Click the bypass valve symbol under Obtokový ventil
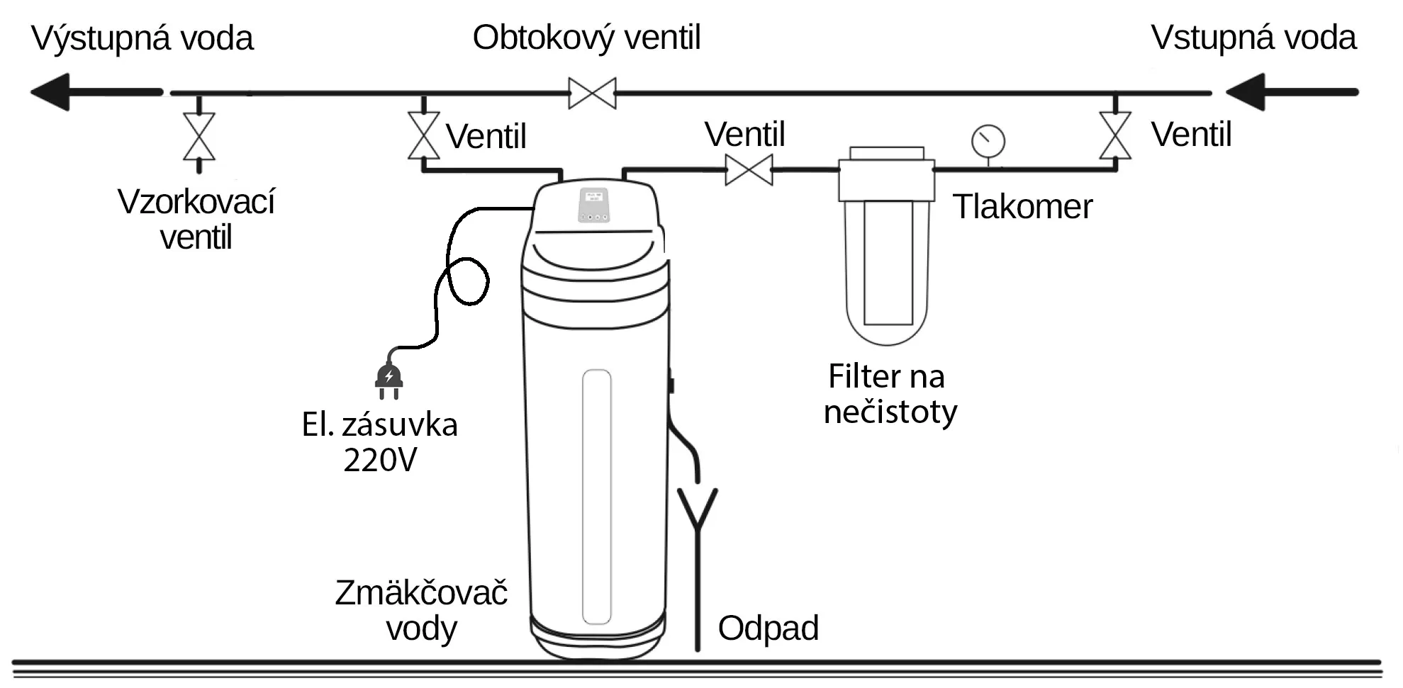click(592, 93)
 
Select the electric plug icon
click(389, 378)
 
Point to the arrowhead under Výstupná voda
click(51, 92)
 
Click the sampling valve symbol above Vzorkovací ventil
click(199, 136)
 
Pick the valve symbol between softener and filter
click(749, 170)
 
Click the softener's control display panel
click(594, 205)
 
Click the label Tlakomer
click(1022, 207)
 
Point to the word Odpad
click(768, 628)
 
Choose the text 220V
click(380, 461)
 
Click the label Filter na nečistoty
click(889, 394)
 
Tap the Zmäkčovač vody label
click(421, 610)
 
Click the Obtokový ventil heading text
click(586, 38)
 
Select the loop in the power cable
click(467, 281)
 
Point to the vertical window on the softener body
click(596, 496)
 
